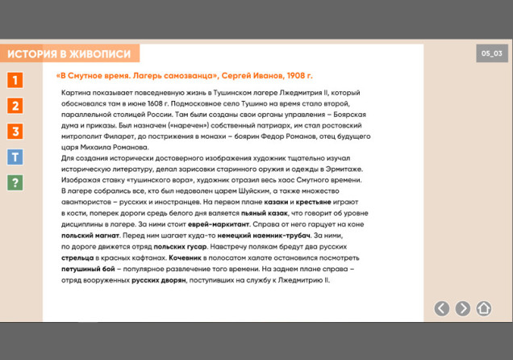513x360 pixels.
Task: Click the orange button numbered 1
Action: [15, 80]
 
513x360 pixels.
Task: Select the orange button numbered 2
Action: [15, 106]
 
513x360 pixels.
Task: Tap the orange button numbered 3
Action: [15, 132]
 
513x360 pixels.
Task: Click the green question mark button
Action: [15, 183]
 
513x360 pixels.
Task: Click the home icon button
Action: [484, 308]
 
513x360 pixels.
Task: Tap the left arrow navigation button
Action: [441, 308]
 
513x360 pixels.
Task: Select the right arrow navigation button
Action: [463, 308]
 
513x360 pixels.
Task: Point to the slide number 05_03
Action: [492, 53]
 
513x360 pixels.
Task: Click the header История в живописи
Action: [69, 54]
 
